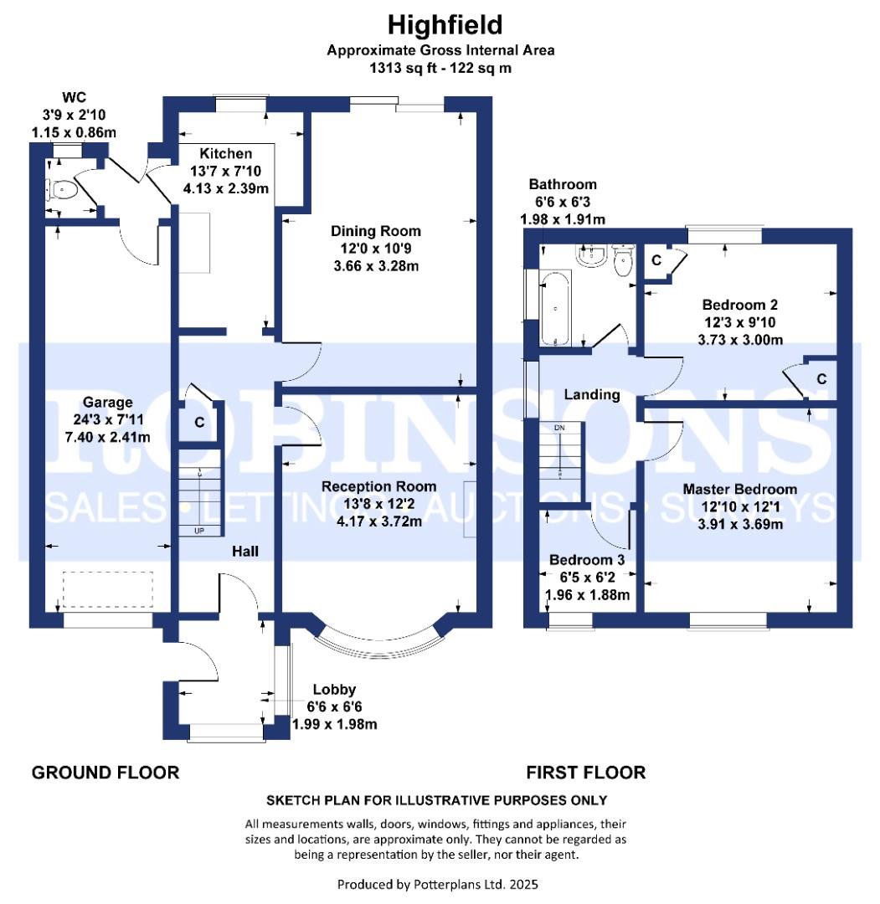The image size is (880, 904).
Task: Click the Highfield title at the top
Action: (x=445, y=25)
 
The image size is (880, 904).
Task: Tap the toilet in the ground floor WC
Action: (x=62, y=189)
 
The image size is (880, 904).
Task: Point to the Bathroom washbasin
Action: (x=592, y=255)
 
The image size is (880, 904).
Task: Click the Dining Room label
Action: (x=375, y=231)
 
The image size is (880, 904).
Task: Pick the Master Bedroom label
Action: (x=740, y=489)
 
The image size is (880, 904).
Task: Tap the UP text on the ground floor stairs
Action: (x=199, y=531)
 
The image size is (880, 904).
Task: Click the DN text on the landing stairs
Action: (x=559, y=428)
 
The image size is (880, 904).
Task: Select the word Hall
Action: (x=245, y=552)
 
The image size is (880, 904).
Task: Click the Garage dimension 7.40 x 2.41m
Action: (x=108, y=437)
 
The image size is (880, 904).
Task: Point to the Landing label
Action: (x=592, y=395)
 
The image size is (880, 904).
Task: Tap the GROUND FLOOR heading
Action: (x=105, y=773)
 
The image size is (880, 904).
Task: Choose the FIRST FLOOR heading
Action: (x=586, y=773)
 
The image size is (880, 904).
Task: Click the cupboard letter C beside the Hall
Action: (x=199, y=423)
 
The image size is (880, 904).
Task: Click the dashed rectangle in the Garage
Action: (x=108, y=589)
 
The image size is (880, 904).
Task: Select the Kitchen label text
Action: (x=225, y=154)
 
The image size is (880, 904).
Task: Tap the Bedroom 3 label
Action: (x=586, y=560)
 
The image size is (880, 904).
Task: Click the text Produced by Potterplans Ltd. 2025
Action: (x=438, y=885)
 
